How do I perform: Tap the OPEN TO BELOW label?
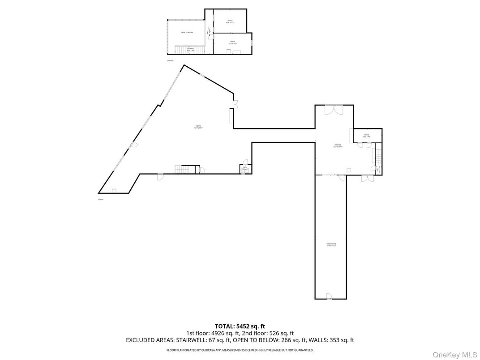[187, 33]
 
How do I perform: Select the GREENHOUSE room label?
[331, 244]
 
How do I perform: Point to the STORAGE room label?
[338, 145]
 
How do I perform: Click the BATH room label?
[245, 167]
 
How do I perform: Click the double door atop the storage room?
[334, 110]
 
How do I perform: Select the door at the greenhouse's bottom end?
[329, 296]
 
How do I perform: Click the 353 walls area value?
[334, 340]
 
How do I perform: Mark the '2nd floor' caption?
[170, 60]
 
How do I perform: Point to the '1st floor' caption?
[101, 199]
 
